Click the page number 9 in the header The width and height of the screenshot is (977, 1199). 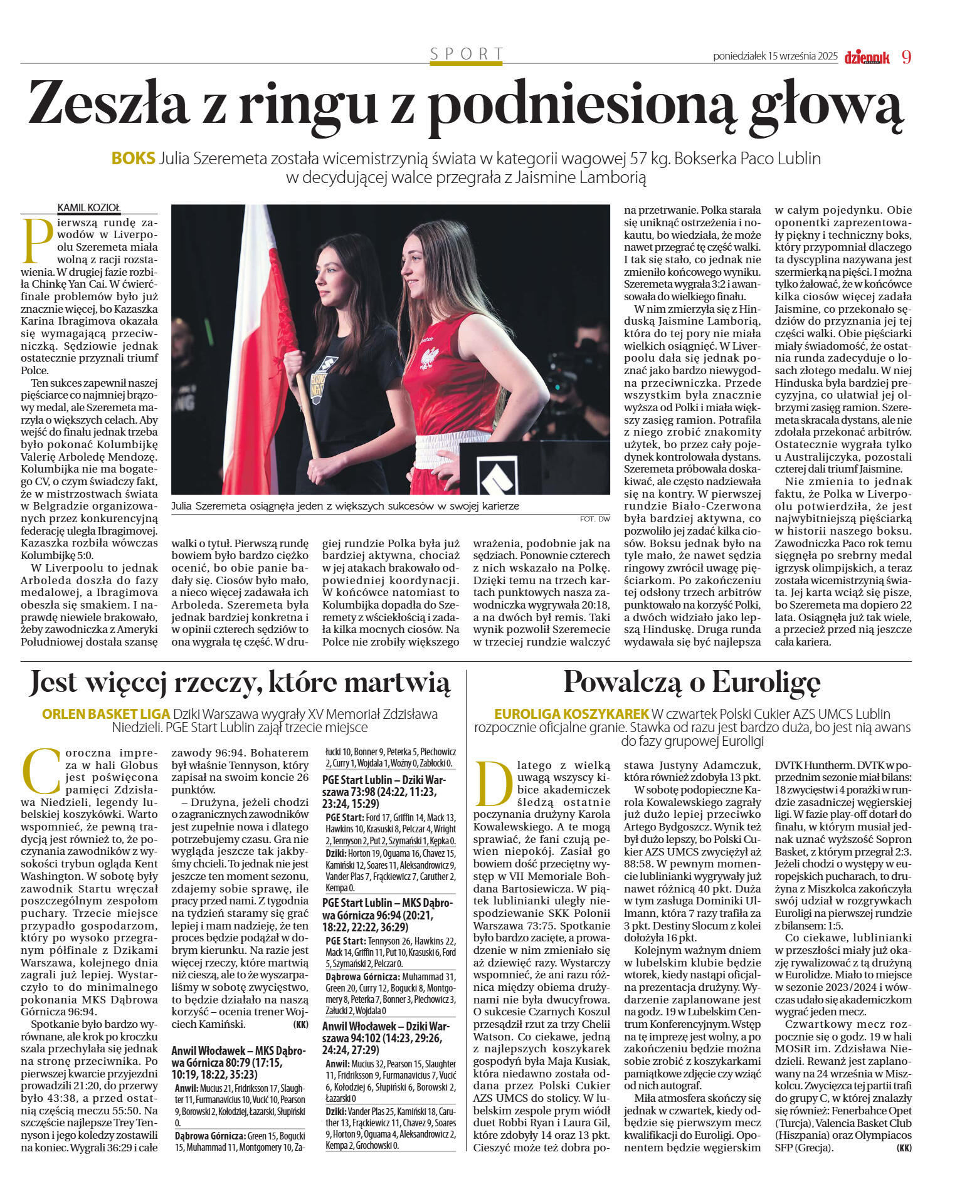click(906, 57)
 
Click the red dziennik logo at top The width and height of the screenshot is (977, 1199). click(867, 58)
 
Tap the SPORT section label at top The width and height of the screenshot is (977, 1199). click(467, 54)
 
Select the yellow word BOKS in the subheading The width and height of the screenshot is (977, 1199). click(133, 158)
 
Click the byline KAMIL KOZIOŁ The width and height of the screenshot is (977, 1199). click(88, 207)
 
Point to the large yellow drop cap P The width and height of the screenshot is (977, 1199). click(37, 241)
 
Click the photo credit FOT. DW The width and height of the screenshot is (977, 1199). click(594, 519)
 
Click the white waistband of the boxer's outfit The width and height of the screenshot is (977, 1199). click(453, 449)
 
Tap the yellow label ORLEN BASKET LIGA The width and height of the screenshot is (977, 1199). click(106, 714)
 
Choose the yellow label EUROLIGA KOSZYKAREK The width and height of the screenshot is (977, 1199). click(571, 714)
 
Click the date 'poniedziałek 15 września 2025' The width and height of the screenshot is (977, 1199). click(775, 56)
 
